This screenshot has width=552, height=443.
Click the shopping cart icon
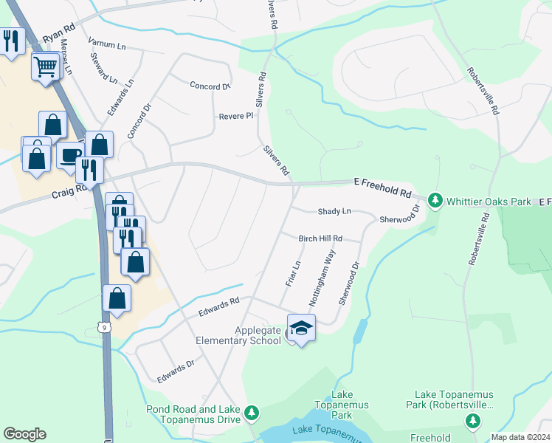(x=45, y=67)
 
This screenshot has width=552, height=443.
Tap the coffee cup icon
(x=70, y=156)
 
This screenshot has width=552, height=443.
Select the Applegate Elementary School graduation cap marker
(x=301, y=329)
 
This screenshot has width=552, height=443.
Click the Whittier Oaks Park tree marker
(x=435, y=200)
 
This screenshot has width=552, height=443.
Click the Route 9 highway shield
(x=106, y=326)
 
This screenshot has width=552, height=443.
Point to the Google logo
(x=24, y=434)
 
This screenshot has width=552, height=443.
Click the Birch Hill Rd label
(x=320, y=238)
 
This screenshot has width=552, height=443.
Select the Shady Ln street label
(x=334, y=211)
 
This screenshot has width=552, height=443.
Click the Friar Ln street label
(x=292, y=273)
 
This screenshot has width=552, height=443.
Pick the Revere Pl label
(x=236, y=117)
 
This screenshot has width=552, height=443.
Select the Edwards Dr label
(x=176, y=371)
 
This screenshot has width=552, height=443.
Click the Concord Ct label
(x=210, y=86)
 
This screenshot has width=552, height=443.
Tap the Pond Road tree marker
(x=252, y=411)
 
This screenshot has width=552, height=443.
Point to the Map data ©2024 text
(x=520, y=437)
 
